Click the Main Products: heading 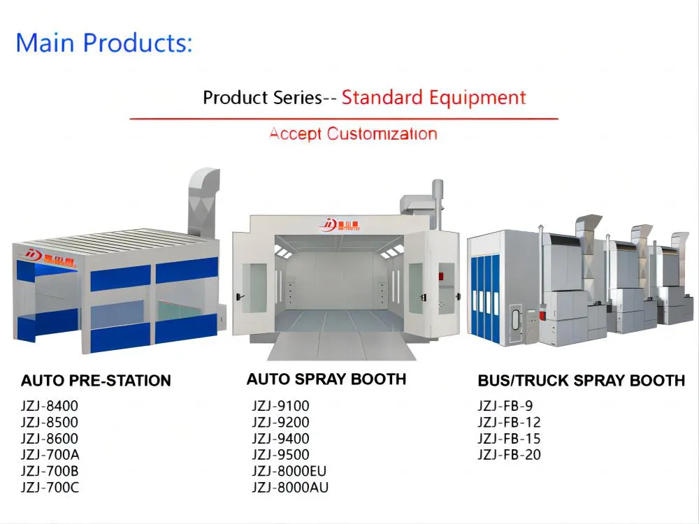coord(103,43)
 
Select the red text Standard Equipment coord(433,97)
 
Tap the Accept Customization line coord(353,133)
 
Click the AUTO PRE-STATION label coord(96,381)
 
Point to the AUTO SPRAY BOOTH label coord(326,379)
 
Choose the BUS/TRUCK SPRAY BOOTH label coord(581,381)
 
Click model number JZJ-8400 coord(50,405)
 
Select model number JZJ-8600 coord(50,439)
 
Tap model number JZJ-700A coord(50,455)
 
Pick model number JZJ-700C coord(50,488)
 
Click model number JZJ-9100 coord(280,405)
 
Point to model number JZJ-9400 coord(280,439)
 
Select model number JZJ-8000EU coord(289,471)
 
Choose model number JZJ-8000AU coord(290,488)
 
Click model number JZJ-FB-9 coord(505,405)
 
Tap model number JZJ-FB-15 coord(509,439)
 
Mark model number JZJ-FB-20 coord(509,456)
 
